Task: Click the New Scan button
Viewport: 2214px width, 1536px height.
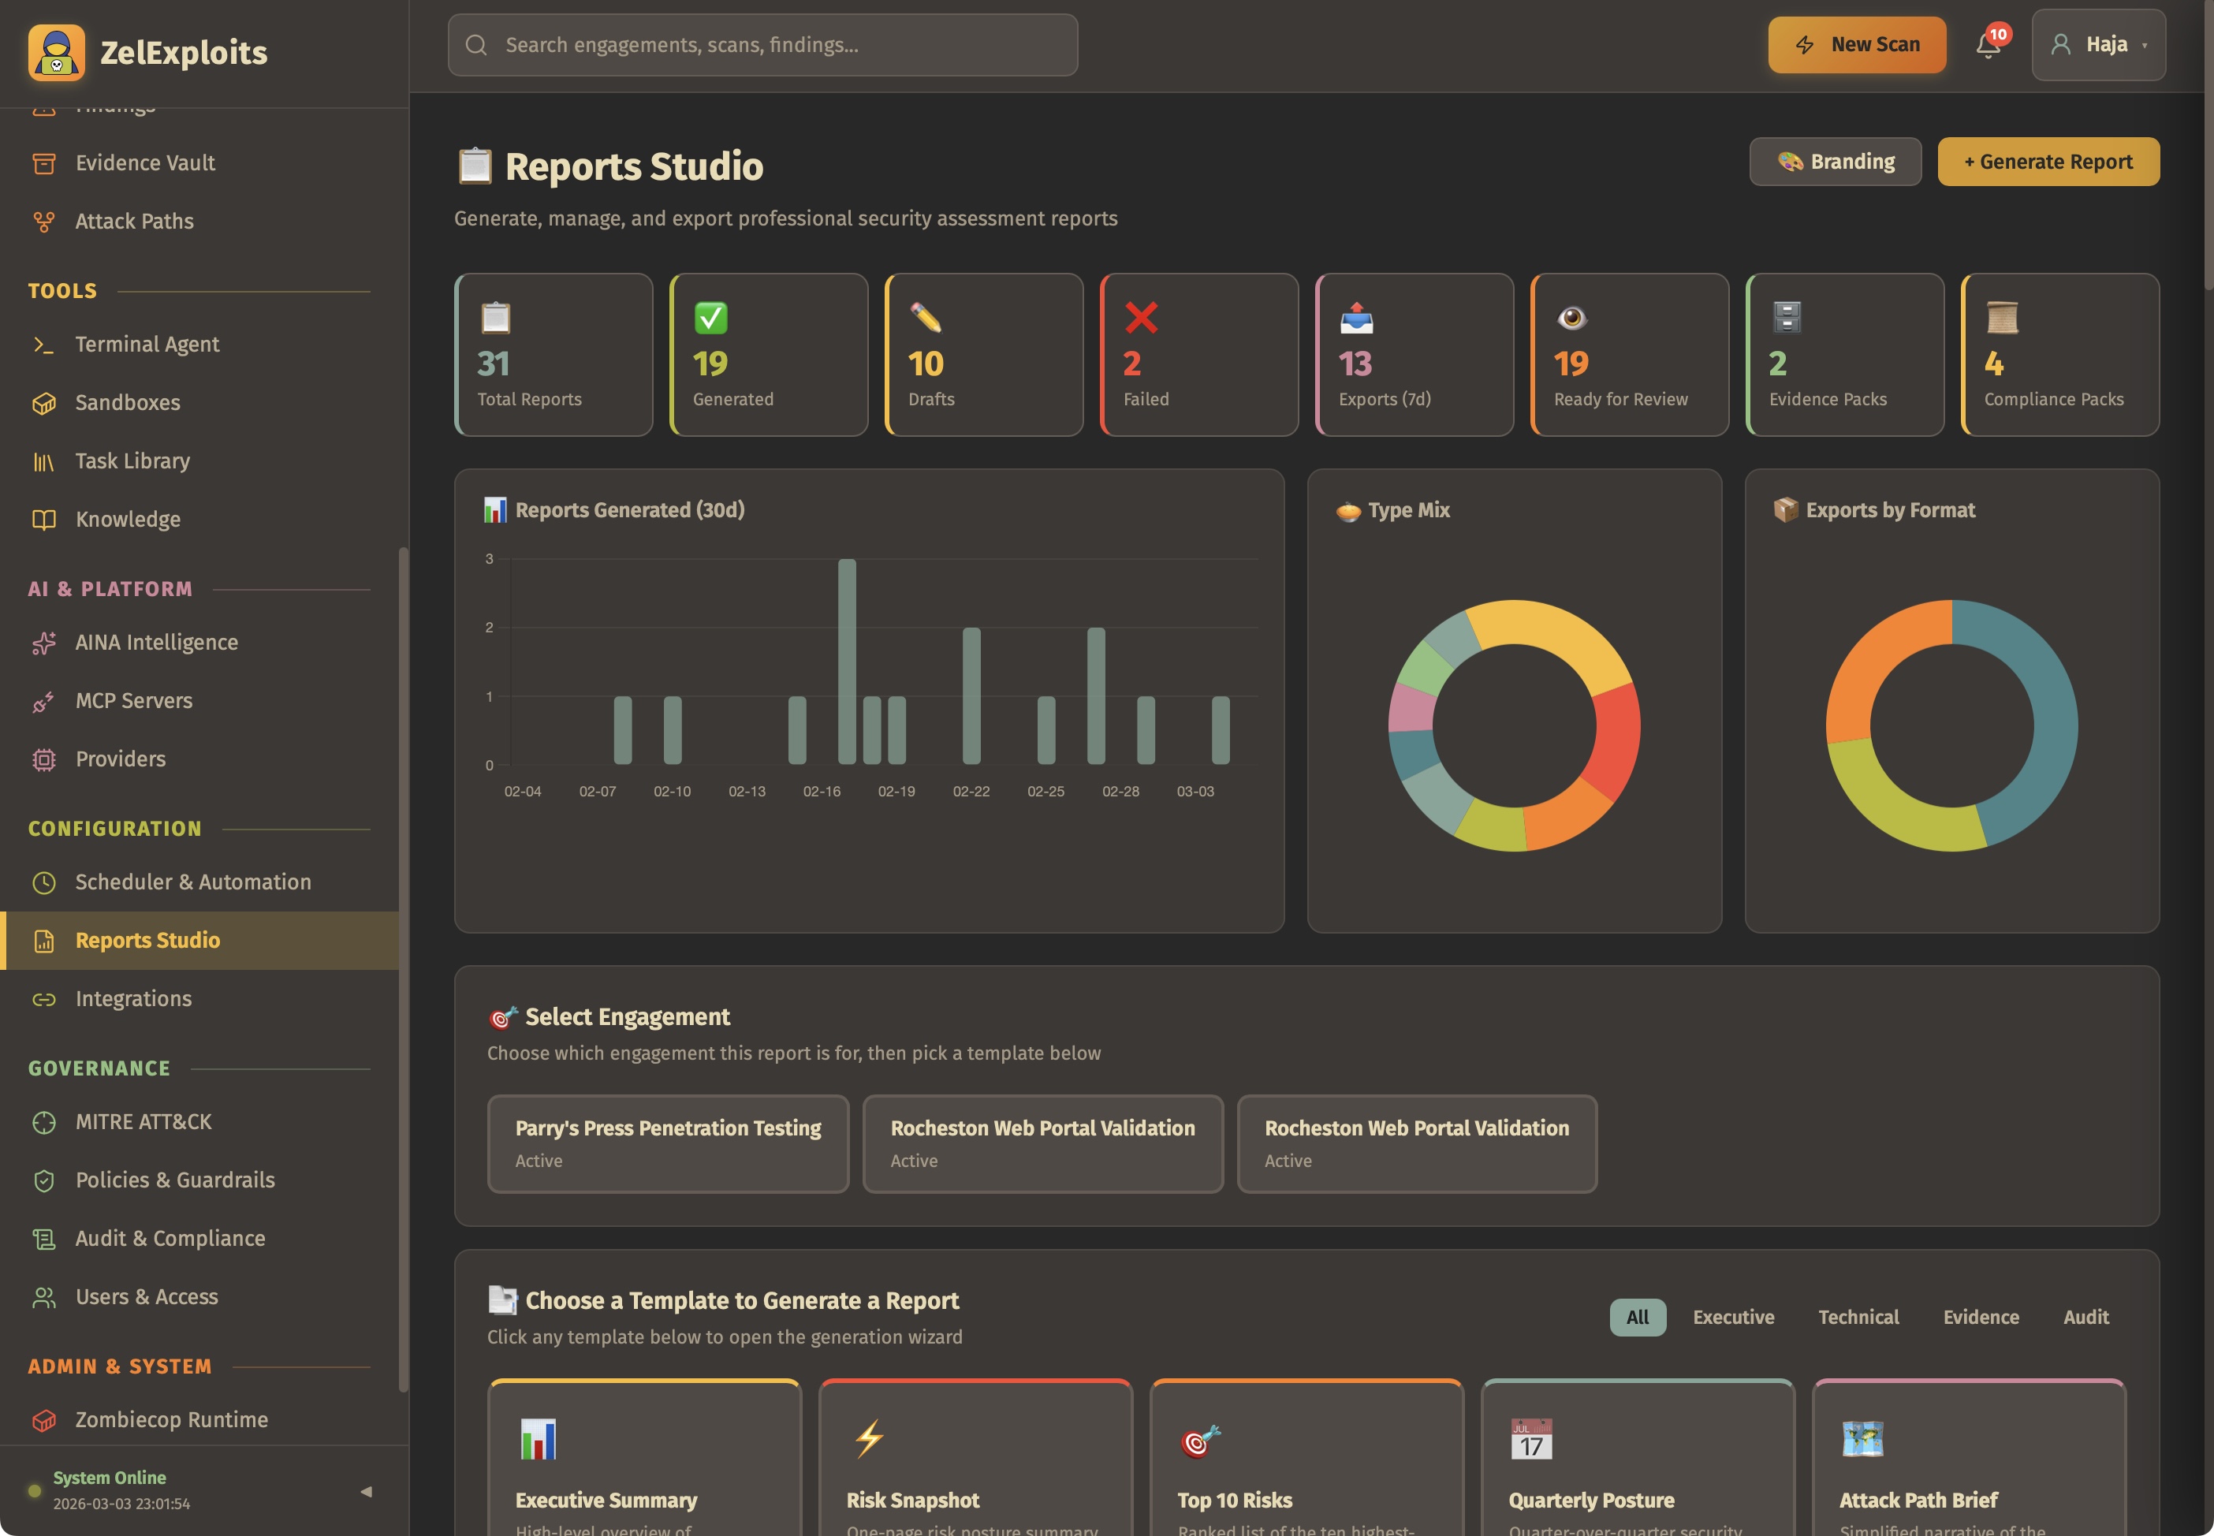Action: coord(1856,45)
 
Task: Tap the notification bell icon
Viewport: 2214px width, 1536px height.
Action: coord(1988,45)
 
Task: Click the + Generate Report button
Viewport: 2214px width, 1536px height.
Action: coord(2048,162)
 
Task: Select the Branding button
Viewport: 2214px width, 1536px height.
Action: coord(1835,162)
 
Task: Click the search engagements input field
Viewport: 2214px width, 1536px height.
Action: coord(762,45)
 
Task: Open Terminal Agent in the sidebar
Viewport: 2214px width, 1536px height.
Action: coord(147,345)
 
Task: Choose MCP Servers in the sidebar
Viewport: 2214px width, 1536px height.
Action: coord(134,701)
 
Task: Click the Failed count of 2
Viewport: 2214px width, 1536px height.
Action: coord(1131,363)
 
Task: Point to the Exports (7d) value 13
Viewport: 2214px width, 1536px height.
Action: coord(1355,363)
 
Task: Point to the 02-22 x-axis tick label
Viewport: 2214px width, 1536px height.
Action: coord(971,791)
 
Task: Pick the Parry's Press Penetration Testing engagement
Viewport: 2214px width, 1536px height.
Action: coord(668,1143)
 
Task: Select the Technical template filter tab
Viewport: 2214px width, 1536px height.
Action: coord(1858,1317)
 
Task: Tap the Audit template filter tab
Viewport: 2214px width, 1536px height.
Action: coord(2085,1317)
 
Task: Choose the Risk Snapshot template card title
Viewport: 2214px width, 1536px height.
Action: coord(912,1500)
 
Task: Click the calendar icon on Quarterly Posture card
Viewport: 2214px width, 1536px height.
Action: coord(1531,1439)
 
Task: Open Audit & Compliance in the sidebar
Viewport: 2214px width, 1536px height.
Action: coord(170,1239)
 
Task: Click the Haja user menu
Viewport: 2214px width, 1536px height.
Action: coord(2097,45)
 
